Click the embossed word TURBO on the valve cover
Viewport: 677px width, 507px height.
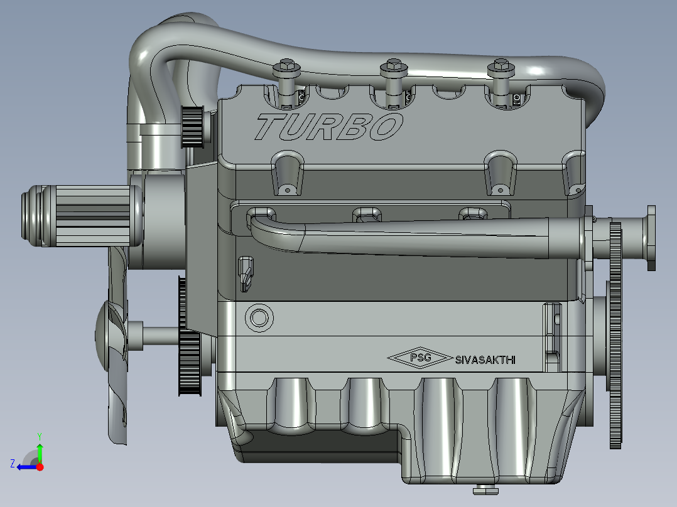click(x=329, y=127)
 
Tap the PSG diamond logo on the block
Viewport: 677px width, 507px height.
click(x=420, y=358)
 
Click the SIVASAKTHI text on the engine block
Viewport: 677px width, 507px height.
click(x=485, y=360)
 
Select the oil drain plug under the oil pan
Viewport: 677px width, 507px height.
click(x=485, y=489)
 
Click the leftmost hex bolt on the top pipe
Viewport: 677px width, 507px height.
click(x=286, y=67)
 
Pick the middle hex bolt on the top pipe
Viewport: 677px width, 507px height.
click(x=394, y=67)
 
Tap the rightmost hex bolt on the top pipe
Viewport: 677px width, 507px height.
click(x=501, y=67)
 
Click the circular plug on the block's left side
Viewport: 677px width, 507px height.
click(x=259, y=318)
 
